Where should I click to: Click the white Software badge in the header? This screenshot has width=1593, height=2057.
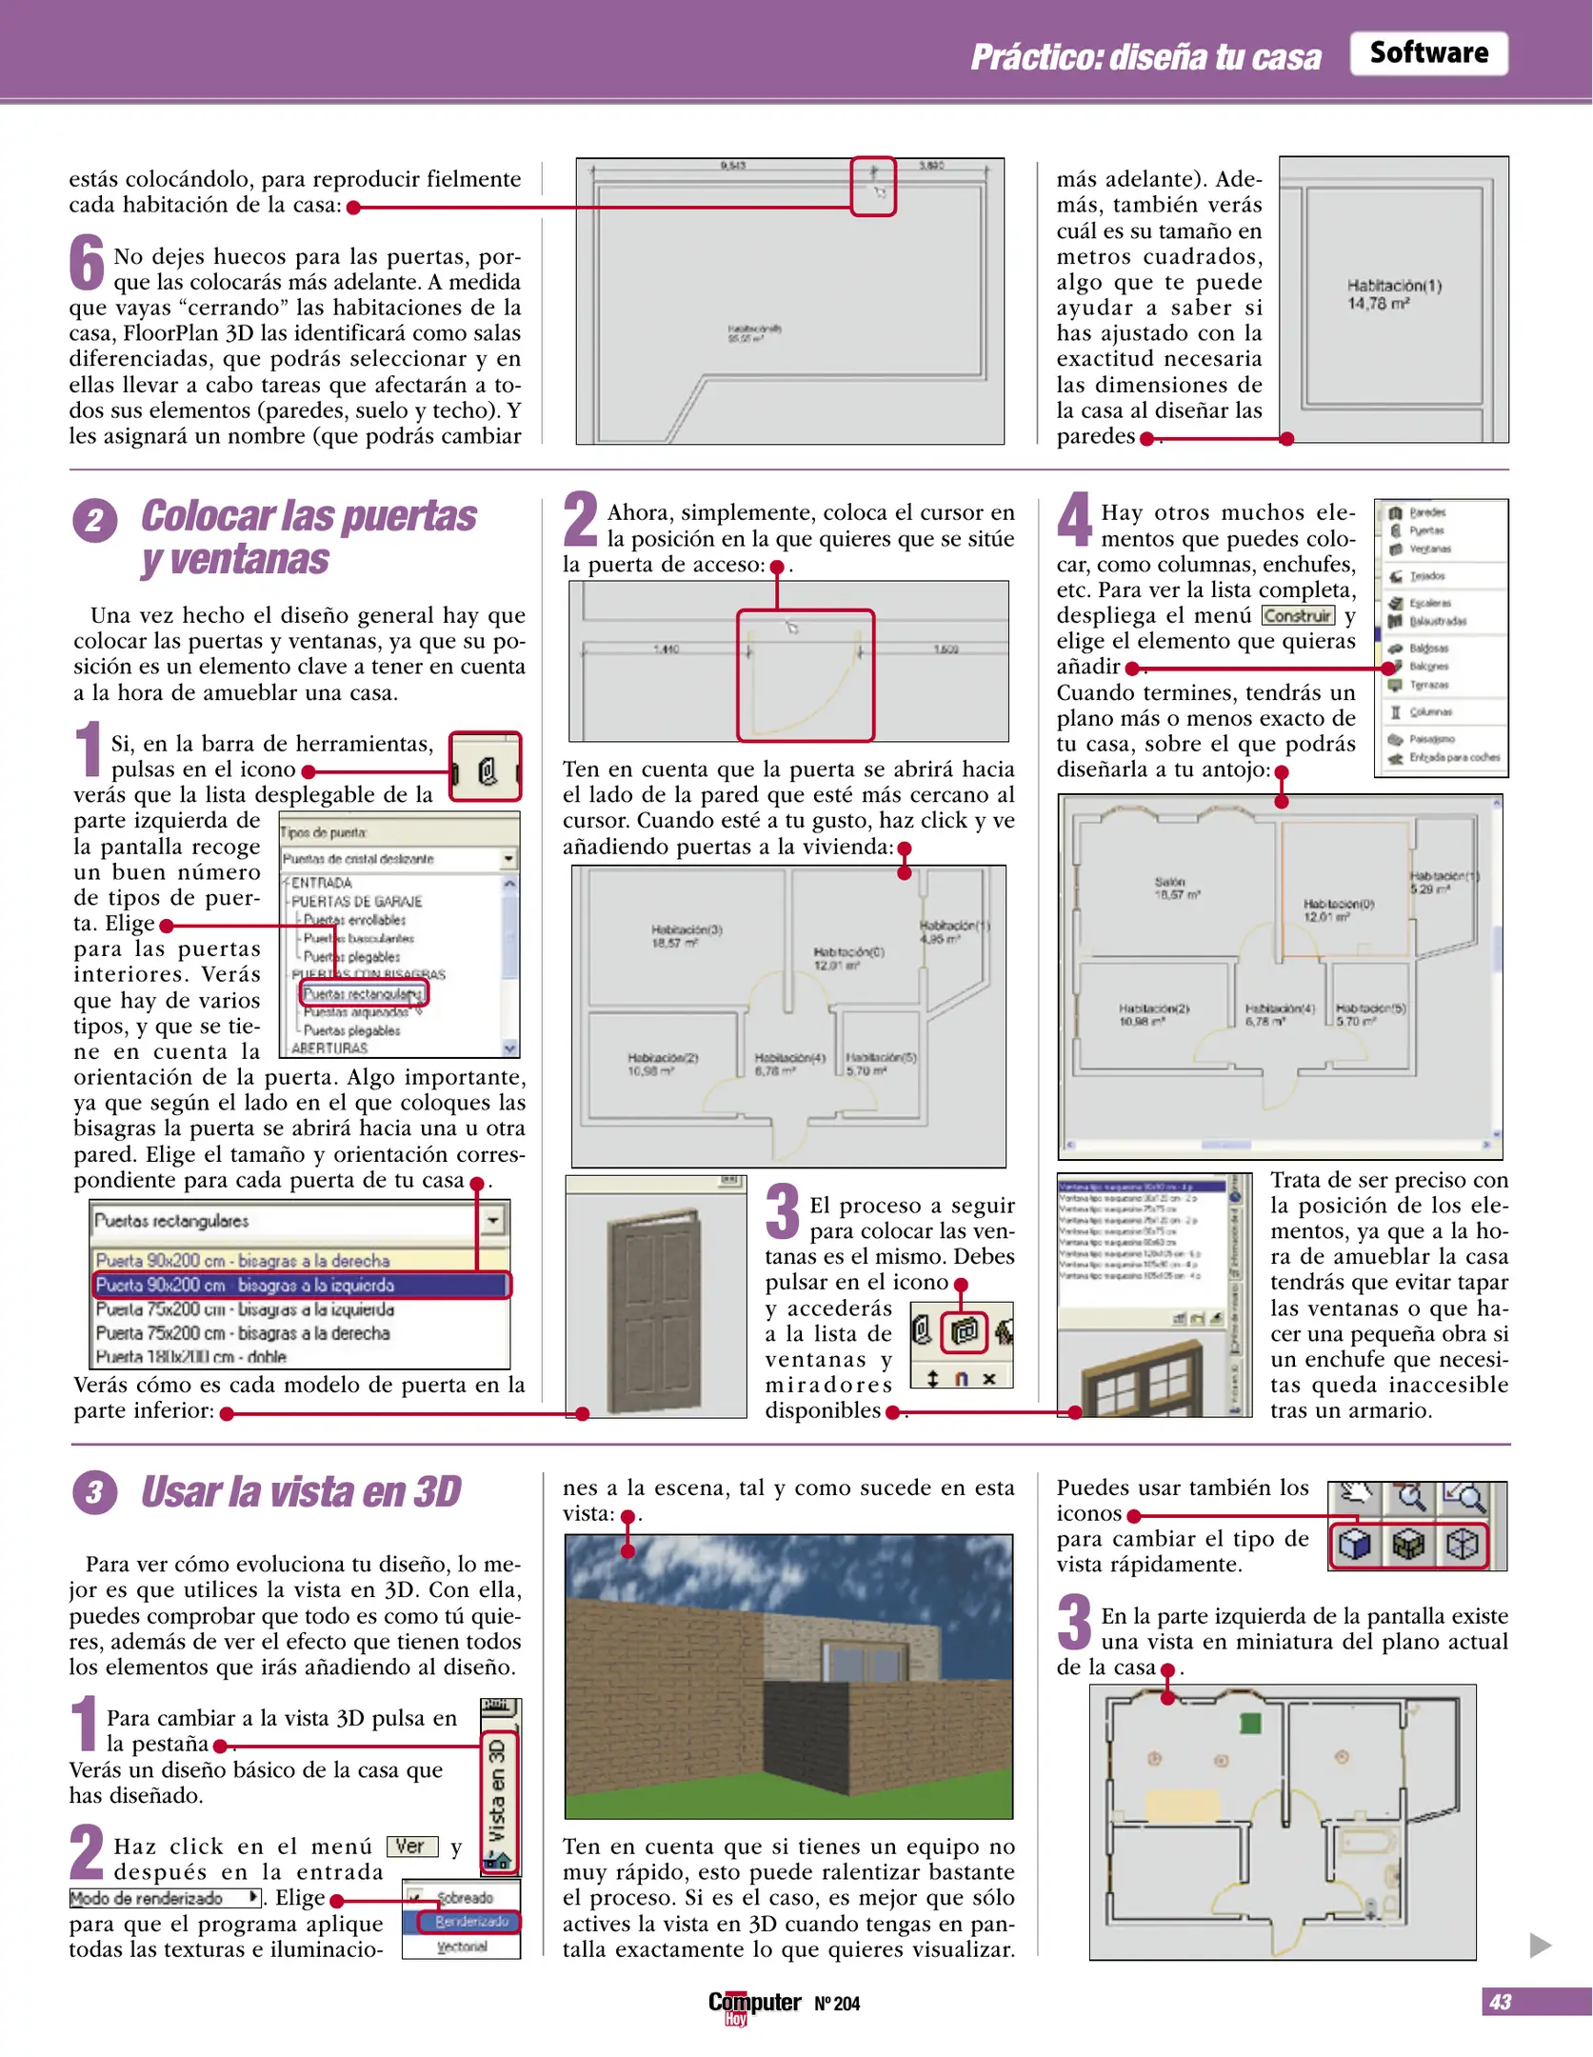[x=1427, y=53]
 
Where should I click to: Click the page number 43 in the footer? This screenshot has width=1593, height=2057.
[x=1500, y=2002]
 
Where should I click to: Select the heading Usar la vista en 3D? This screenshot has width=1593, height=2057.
[x=300, y=1492]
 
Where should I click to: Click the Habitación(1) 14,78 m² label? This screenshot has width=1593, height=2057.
[x=1393, y=294]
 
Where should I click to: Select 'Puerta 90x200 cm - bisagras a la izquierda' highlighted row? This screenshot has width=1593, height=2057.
[x=301, y=1285]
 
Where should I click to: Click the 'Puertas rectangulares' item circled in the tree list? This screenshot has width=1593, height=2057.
[x=363, y=993]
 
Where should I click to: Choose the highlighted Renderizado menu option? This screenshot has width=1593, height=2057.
[x=470, y=1922]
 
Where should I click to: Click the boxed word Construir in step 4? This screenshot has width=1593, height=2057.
[x=1298, y=616]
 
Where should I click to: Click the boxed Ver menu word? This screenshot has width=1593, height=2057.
[x=411, y=1847]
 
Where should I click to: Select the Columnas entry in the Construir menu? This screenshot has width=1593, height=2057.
[x=1428, y=712]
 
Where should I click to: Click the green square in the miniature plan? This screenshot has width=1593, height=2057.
[x=1249, y=1723]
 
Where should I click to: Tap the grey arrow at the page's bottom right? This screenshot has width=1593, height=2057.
[x=1540, y=1945]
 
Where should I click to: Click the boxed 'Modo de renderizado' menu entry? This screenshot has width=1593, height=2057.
[x=165, y=1898]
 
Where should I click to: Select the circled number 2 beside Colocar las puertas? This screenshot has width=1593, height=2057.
[x=95, y=521]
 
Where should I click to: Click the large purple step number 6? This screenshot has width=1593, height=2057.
[x=88, y=263]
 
